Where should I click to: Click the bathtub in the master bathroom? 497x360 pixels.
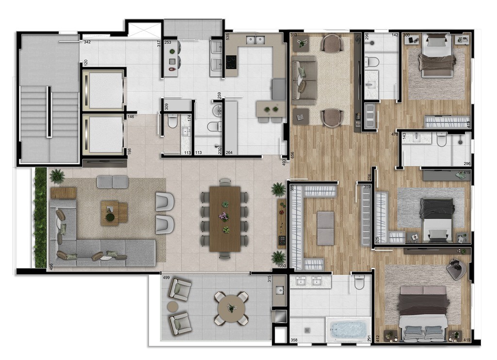pyautogui.click(x=348, y=330)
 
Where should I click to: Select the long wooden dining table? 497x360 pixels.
pyautogui.click(x=225, y=219)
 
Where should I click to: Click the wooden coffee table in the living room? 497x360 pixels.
pyautogui.click(x=114, y=213)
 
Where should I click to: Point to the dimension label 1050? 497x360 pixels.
pyautogui.click(x=282, y=266)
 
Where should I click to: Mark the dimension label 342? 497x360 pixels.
pyautogui.click(x=87, y=42)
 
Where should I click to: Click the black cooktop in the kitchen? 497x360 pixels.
pyautogui.click(x=232, y=62)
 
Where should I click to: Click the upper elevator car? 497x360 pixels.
pyautogui.click(x=102, y=90)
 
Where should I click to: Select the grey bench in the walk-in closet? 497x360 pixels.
pyautogui.click(x=325, y=228)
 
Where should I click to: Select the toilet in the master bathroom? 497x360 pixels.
pyautogui.click(x=360, y=282)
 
